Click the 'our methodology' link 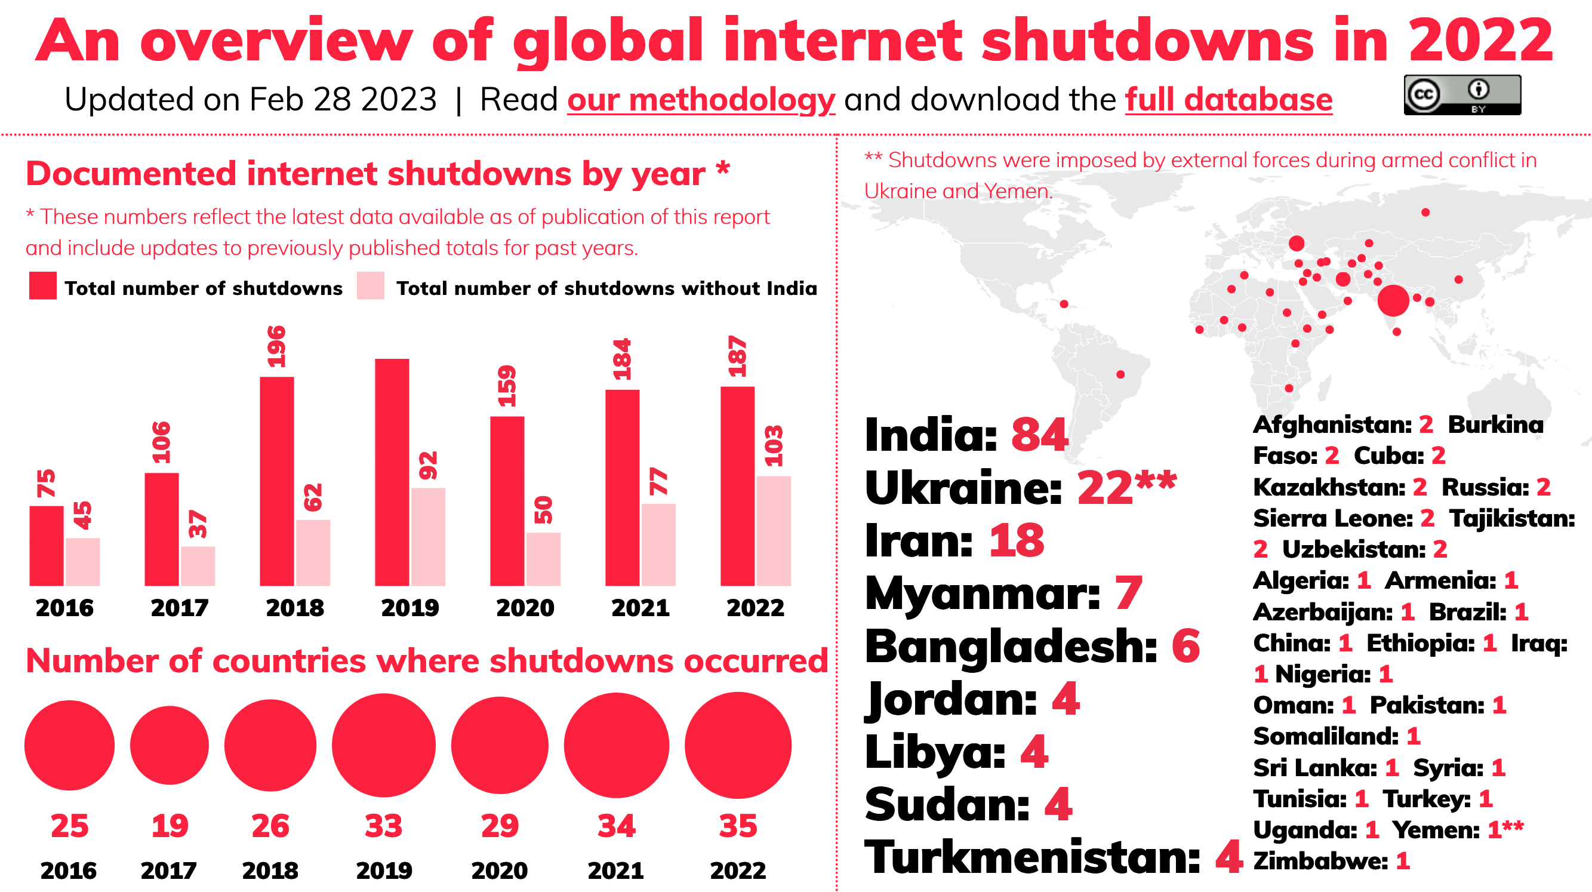[x=701, y=100]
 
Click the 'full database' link [x=1228, y=100]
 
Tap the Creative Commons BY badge [x=1462, y=94]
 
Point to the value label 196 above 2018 [x=276, y=346]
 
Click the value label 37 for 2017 [x=198, y=524]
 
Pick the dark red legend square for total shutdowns [x=42, y=285]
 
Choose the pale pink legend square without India [x=370, y=285]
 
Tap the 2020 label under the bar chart [x=525, y=608]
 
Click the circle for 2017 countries [x=170, y=745]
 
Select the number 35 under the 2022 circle [x=737, y=825]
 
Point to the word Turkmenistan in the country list [x=1031, y=857]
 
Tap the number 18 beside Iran [x=1017, y=540]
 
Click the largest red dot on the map [x=1393, y=300]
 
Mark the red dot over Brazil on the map [x=1120, y=374]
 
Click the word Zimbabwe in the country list [x=1320, y=860]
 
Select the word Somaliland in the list [x=1325, y=736]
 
